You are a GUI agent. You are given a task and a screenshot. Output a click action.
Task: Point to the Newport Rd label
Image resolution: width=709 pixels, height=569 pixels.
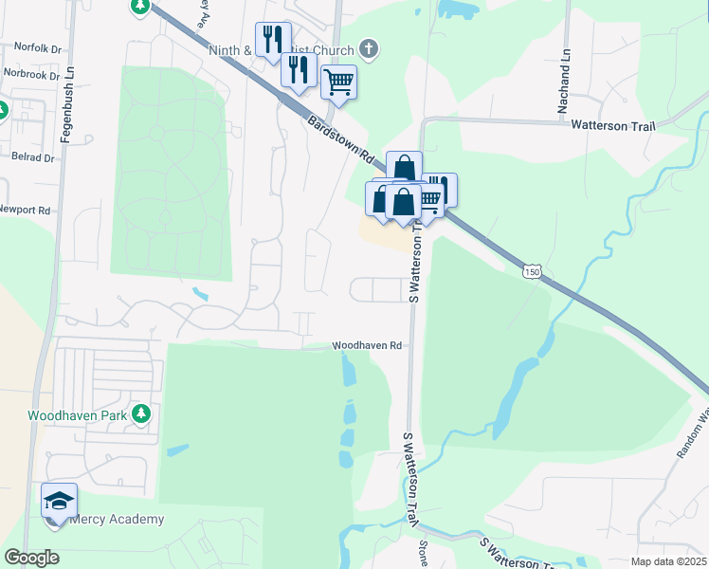pyautogui.click(x=24, y=209)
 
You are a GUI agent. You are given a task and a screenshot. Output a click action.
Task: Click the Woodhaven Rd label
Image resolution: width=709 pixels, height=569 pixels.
pyautogui.click(x=368, y=346)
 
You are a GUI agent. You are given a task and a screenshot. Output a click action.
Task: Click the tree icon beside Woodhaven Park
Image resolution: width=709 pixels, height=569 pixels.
pyautogui.click(x=141, y=413)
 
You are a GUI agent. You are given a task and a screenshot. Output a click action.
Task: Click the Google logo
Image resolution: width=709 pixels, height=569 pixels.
pyautogui.click(x=31, y=558)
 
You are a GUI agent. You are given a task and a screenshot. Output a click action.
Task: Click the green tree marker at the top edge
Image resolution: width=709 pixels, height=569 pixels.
pyautogui.click(x=140, y=6)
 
